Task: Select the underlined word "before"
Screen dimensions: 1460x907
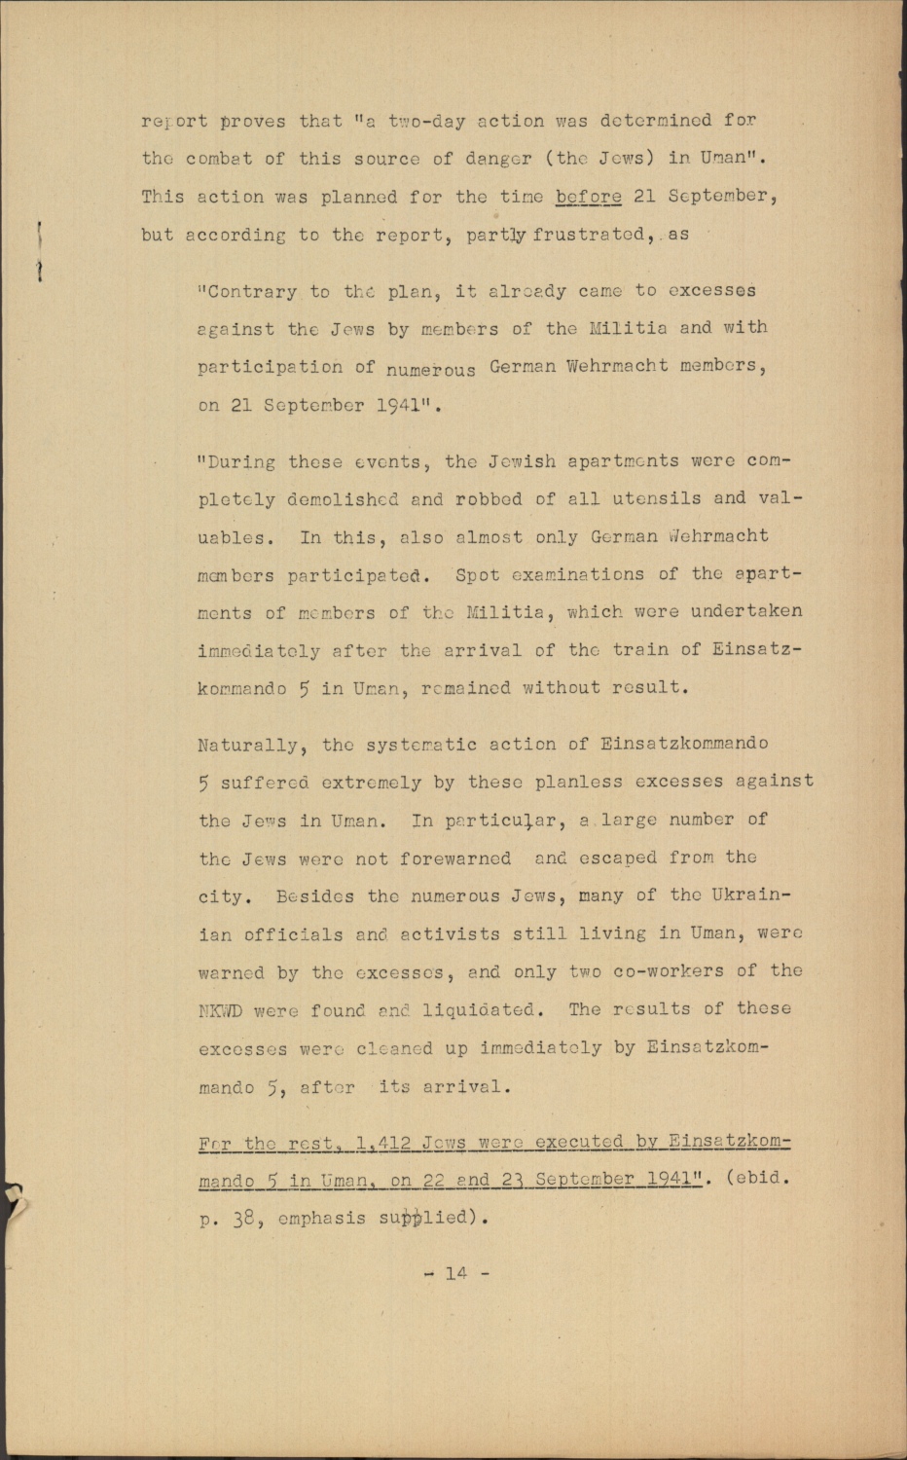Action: pyautogui.click(x=588, y=197)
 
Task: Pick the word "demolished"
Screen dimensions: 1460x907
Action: pyautogui.click(x=343, y=499)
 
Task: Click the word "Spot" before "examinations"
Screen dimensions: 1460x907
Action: pyautogui.click(x=478, y=574)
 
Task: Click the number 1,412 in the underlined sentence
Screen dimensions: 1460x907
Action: pyautogui.click(x=383, y=1143)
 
